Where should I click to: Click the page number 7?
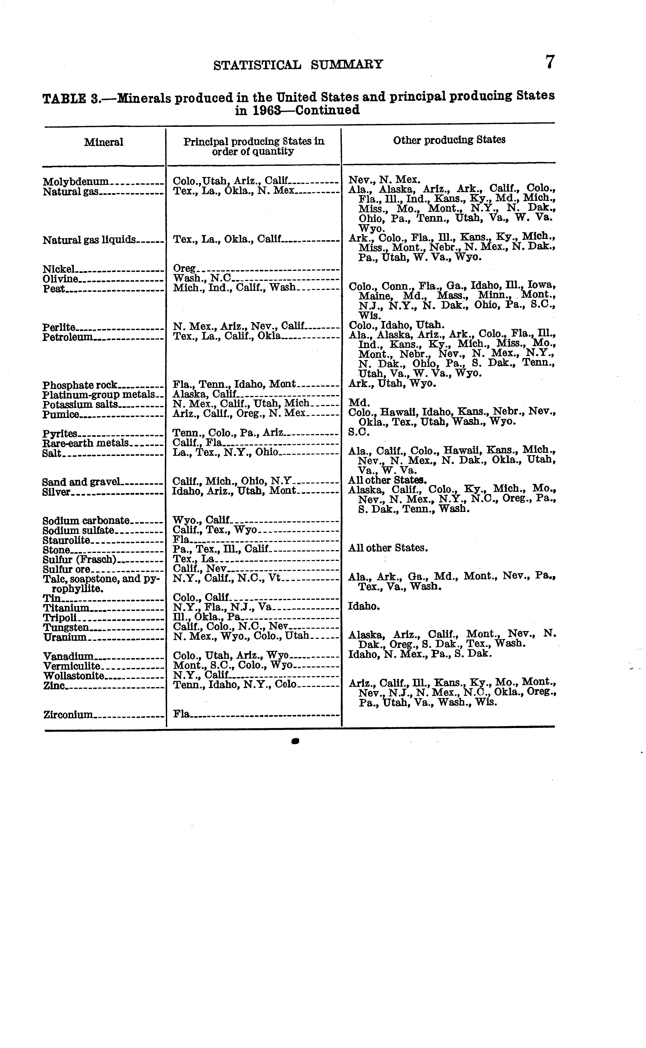(x=550, y=62)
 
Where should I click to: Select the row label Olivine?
(x=61, y=279)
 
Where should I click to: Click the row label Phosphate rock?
(x=79, y=385)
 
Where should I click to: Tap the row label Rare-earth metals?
(x=85, y=443)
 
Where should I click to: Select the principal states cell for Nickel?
(x=184, y=269)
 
